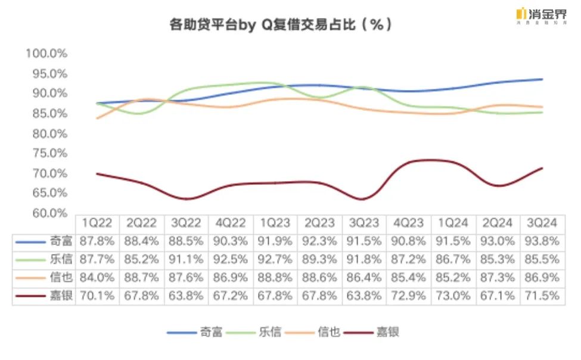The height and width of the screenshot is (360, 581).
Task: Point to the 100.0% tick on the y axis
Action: click(46, 53)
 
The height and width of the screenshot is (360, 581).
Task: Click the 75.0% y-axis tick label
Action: click(46, 153)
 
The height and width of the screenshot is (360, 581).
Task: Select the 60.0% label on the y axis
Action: click(46, 213)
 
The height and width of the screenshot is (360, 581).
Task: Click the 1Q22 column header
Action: click(98, 223)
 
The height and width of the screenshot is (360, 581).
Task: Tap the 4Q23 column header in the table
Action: click(409, 223)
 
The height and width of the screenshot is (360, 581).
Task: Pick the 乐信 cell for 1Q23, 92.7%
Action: click(275, 260)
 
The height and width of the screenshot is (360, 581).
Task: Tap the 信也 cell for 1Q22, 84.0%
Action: click(98, 278)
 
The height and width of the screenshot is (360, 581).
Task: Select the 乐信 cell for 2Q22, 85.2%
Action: click(142, 260)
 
